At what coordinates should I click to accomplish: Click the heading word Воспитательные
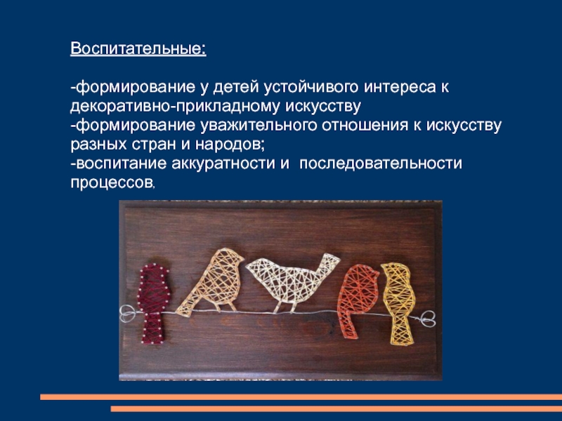(x=137, y=51)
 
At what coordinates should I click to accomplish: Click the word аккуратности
(x=226, y=163)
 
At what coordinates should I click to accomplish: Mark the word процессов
(x=111, y=182)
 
